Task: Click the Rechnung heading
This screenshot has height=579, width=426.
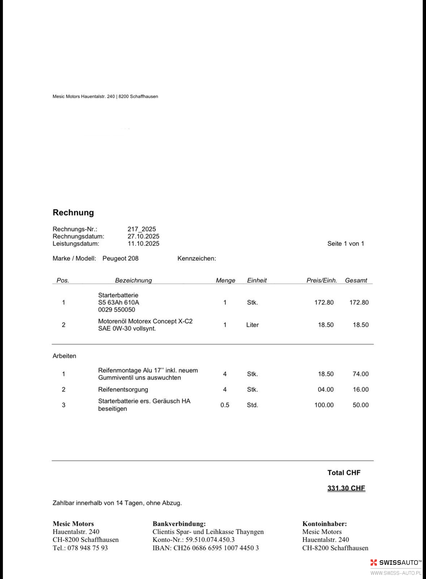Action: [73, 213]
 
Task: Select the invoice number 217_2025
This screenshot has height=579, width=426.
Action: [142, 229]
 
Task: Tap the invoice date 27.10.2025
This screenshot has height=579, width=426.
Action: [143, 236]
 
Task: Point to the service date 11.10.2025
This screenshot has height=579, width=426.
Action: [143, 244]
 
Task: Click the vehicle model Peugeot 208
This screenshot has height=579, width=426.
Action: [120, 258]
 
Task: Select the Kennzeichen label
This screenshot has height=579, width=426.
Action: [196, 258]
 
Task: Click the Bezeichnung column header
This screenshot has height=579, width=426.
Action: [133, 280]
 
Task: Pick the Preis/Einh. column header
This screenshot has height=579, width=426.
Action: [321, 280]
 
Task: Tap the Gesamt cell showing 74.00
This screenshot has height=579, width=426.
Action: [361, 374]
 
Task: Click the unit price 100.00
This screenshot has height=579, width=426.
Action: [324, 405]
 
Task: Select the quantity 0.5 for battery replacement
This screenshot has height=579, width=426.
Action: [225, 405]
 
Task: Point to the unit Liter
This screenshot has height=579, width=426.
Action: [252, 325]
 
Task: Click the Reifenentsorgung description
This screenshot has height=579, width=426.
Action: [123, 389]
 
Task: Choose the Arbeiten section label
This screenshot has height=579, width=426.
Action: [64, 356]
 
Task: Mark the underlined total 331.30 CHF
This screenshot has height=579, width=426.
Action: [346, 488]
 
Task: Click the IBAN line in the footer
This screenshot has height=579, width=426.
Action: [205, 548]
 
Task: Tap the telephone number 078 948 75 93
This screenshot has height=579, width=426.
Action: [88, 548]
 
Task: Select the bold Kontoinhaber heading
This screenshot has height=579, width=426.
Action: [325, 524]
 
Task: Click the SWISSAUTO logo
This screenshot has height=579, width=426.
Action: [396, 562]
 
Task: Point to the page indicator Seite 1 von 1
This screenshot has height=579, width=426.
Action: [346, 244]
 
